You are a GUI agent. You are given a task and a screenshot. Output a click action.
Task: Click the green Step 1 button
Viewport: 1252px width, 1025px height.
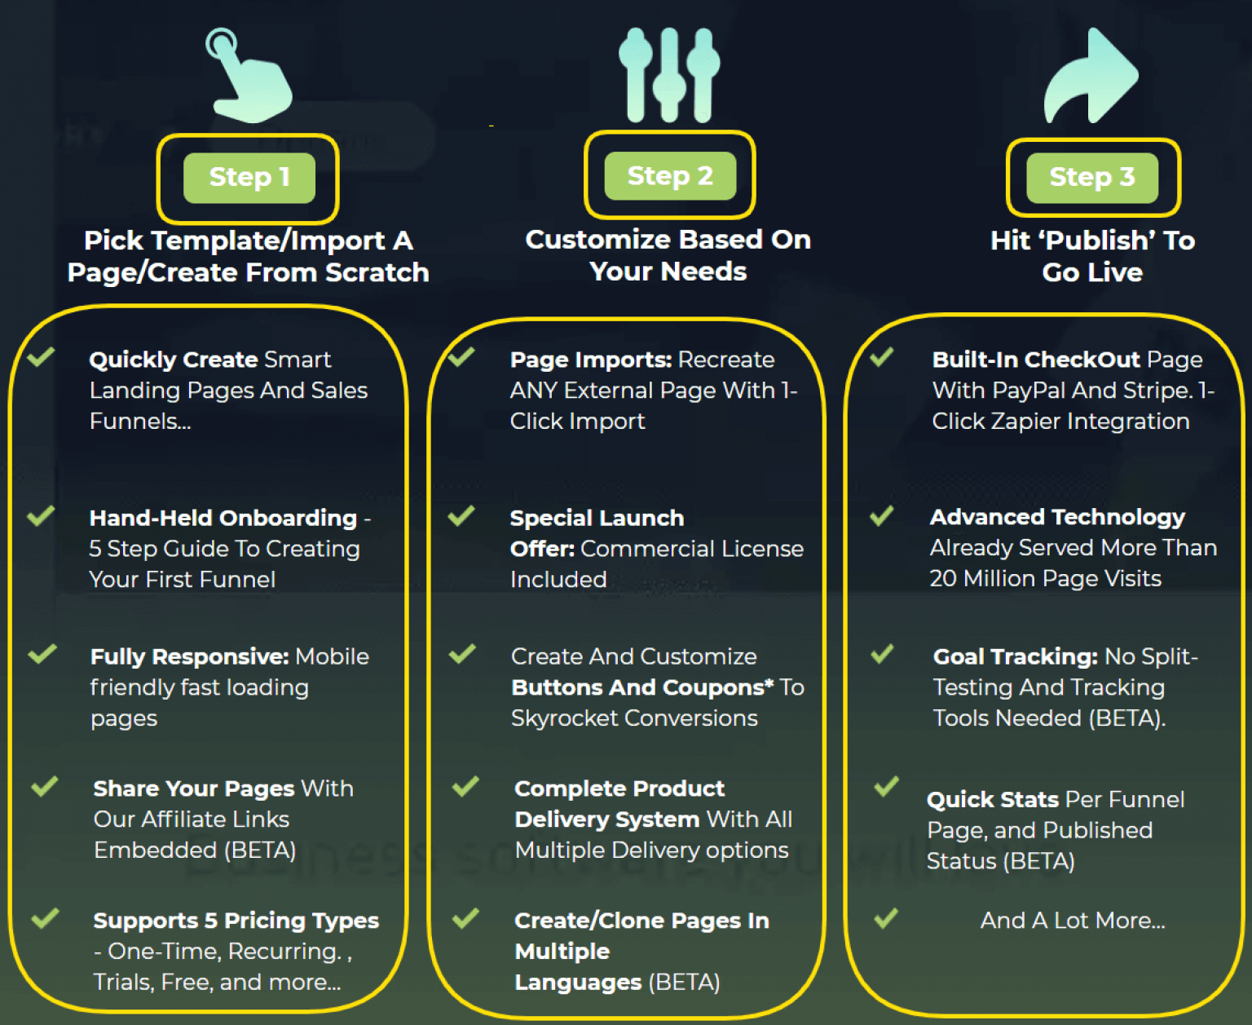point(249,177)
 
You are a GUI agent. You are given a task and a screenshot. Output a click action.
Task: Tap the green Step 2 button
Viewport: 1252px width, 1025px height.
point(670,175)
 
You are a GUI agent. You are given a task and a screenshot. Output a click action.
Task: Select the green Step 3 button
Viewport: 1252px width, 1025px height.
point(1091,177)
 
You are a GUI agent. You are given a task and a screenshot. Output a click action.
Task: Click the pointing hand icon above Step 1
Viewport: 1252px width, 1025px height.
point(248,77)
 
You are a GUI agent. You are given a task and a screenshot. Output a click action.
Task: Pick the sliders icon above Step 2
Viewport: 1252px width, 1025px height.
point(669,75)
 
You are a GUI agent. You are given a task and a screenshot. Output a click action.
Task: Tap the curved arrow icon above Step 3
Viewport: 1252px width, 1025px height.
point(1090,77)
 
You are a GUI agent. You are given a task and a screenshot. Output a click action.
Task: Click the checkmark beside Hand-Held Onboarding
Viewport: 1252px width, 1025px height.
point(41,516)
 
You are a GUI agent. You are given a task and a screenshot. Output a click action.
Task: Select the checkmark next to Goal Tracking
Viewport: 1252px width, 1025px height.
point(882,654)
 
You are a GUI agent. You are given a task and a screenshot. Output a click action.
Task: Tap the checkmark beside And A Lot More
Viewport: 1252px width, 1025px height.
point(886,919)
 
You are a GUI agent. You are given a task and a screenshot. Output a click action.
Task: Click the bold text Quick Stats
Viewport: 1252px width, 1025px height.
point(992,800)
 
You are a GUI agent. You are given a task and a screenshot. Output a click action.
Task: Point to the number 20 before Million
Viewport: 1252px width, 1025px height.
point(943,579)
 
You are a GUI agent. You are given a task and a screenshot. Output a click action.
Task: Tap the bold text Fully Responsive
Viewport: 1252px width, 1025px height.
point(189,657)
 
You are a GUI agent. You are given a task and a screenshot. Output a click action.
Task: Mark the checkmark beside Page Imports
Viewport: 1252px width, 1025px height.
point(461,357)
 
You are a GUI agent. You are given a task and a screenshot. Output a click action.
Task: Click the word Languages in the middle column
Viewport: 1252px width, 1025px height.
point(578,983)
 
